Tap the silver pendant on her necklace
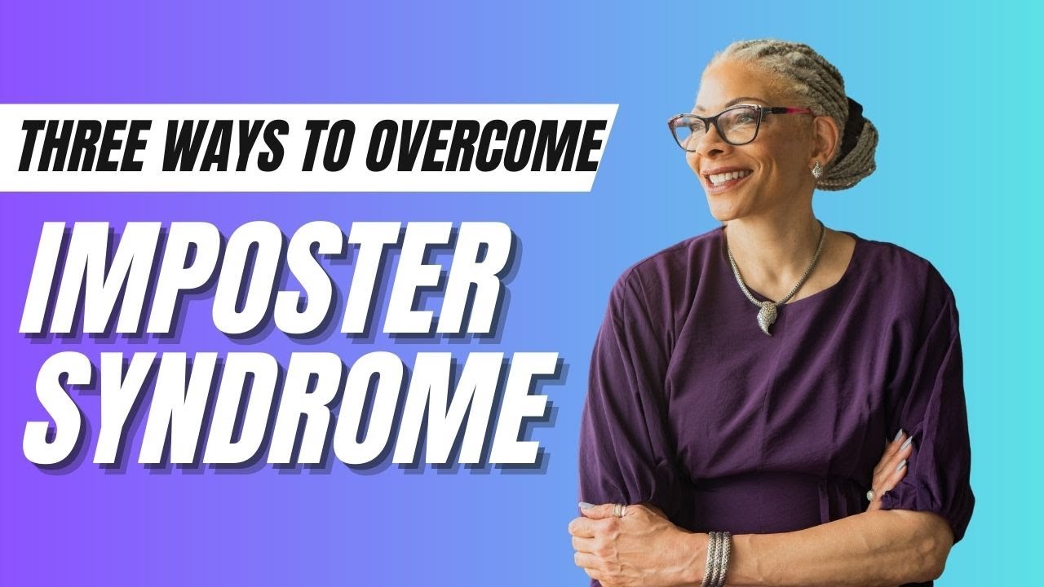pos(768,314)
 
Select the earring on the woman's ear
pos(816,169)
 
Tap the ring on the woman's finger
pos(620,510)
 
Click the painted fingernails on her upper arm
pos(900,453)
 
